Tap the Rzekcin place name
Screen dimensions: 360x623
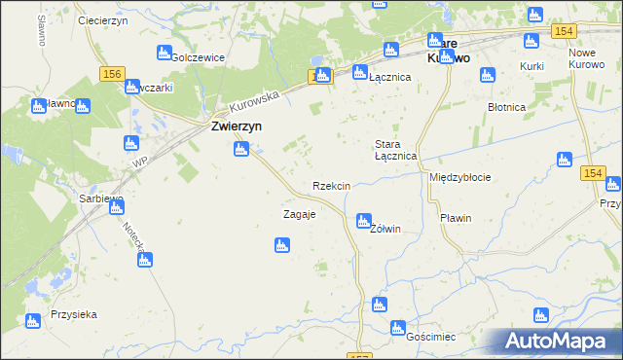[331, 185]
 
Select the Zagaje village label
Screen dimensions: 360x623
[299, 214]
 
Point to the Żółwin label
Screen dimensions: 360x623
[385, 229]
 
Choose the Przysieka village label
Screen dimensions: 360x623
[74, 315]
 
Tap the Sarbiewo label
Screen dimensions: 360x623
[101, 198]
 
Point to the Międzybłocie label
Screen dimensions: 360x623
[459, 178]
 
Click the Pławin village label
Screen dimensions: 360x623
[455, 218]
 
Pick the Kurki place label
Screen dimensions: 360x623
[531, 65]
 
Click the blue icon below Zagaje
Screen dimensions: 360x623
[281, 246]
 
